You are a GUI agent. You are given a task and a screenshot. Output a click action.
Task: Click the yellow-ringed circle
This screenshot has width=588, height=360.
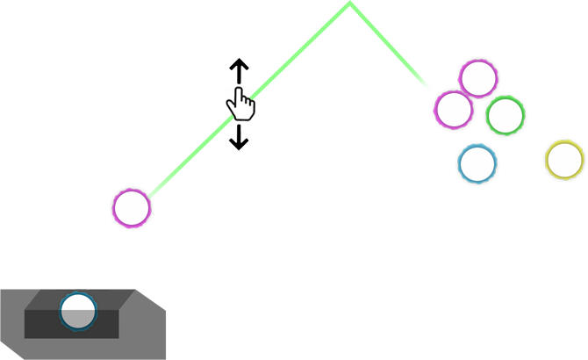[x=564, y=160]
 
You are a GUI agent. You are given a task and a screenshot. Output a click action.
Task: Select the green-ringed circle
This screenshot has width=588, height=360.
[x=506, y=115]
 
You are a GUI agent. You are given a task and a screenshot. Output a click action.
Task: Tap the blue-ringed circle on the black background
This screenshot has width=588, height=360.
[x=477, y=162]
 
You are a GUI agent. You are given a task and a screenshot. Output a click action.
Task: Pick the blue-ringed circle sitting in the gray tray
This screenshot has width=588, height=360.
[x=77, y=311]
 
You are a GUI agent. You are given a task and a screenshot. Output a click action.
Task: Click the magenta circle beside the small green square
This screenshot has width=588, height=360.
[x=132, y=208]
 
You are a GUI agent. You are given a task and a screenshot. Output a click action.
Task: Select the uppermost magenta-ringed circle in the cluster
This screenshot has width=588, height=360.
[x=478, y=78]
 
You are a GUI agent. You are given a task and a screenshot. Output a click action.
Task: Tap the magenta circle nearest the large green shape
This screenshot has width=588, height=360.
[x=454, y=109]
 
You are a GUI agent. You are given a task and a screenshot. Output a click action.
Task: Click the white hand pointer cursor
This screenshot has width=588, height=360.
[x=240, y=105]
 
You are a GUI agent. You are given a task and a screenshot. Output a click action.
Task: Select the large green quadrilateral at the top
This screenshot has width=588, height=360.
[x=351, y=48]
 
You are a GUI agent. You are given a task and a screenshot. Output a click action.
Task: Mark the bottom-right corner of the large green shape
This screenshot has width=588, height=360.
[x=434, y=92]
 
